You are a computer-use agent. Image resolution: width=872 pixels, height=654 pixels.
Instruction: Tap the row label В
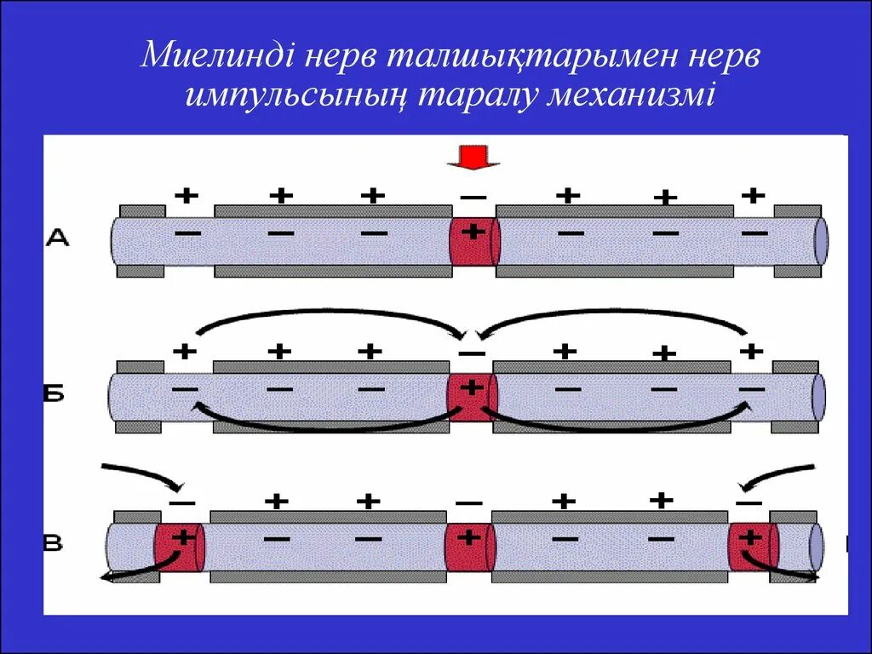53,543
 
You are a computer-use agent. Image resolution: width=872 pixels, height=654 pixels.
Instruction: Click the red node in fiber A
473,242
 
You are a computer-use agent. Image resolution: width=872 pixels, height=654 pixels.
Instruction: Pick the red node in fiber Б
471,398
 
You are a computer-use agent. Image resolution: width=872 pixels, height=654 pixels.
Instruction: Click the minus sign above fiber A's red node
473,198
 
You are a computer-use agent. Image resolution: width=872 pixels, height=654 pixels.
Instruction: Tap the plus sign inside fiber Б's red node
470,387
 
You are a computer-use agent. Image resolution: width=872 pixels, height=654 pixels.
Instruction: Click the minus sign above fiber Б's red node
471,353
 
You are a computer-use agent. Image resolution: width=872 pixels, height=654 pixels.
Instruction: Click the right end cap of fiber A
820,241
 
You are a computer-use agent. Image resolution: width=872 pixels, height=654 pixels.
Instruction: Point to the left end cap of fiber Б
116,397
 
